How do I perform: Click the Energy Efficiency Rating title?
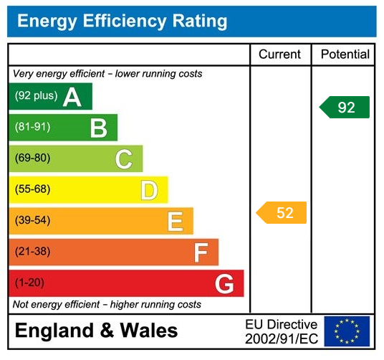[122, 22]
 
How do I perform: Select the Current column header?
[280, 55]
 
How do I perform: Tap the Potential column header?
[345, 55]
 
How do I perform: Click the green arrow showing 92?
[345, 108]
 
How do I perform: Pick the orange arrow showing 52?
[282, 213]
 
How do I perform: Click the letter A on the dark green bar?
[72, 97]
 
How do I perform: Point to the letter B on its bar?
[98, 128]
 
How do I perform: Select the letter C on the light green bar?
[124, 159]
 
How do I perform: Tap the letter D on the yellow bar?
[149, 191]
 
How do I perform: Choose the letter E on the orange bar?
[175, 222]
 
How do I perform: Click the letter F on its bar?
[201, 252]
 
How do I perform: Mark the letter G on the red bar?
[224, 284]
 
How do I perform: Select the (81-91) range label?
[33, 128]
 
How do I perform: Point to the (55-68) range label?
[33, 190]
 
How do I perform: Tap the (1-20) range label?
[30, 283]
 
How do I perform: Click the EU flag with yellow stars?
[347, 331]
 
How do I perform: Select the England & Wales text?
[96, 331]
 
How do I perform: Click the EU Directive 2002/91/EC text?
[281, 331]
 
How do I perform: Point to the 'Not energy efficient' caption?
[107, 305]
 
